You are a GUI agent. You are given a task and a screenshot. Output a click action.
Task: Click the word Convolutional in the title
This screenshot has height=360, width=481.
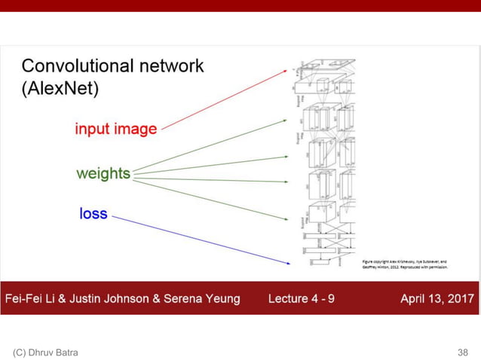[x=75, y=66]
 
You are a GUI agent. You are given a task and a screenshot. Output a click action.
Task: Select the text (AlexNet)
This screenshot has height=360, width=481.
[x=59, y=90]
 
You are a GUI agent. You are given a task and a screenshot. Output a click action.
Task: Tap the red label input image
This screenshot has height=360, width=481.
[x=115, y=129]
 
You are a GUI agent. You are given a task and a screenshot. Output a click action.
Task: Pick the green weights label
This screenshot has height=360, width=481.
[x=103, y=174]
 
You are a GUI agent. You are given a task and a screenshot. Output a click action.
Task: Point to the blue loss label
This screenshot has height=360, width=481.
[x=93, y=214]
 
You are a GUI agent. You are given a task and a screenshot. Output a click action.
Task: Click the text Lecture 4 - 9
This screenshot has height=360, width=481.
[x=302, y=299]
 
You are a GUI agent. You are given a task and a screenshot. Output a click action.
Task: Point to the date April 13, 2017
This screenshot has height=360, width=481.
[x=437, y=299]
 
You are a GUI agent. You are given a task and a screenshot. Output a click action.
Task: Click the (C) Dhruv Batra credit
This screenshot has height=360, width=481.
[x=45, y=352]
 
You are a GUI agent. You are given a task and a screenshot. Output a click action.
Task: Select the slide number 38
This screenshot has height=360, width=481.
[x=462, y=352]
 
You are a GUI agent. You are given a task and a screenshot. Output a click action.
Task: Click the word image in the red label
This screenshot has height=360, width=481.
[x=136, y=129]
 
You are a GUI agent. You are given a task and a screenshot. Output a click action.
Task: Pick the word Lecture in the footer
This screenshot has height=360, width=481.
[x=288, y=299]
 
